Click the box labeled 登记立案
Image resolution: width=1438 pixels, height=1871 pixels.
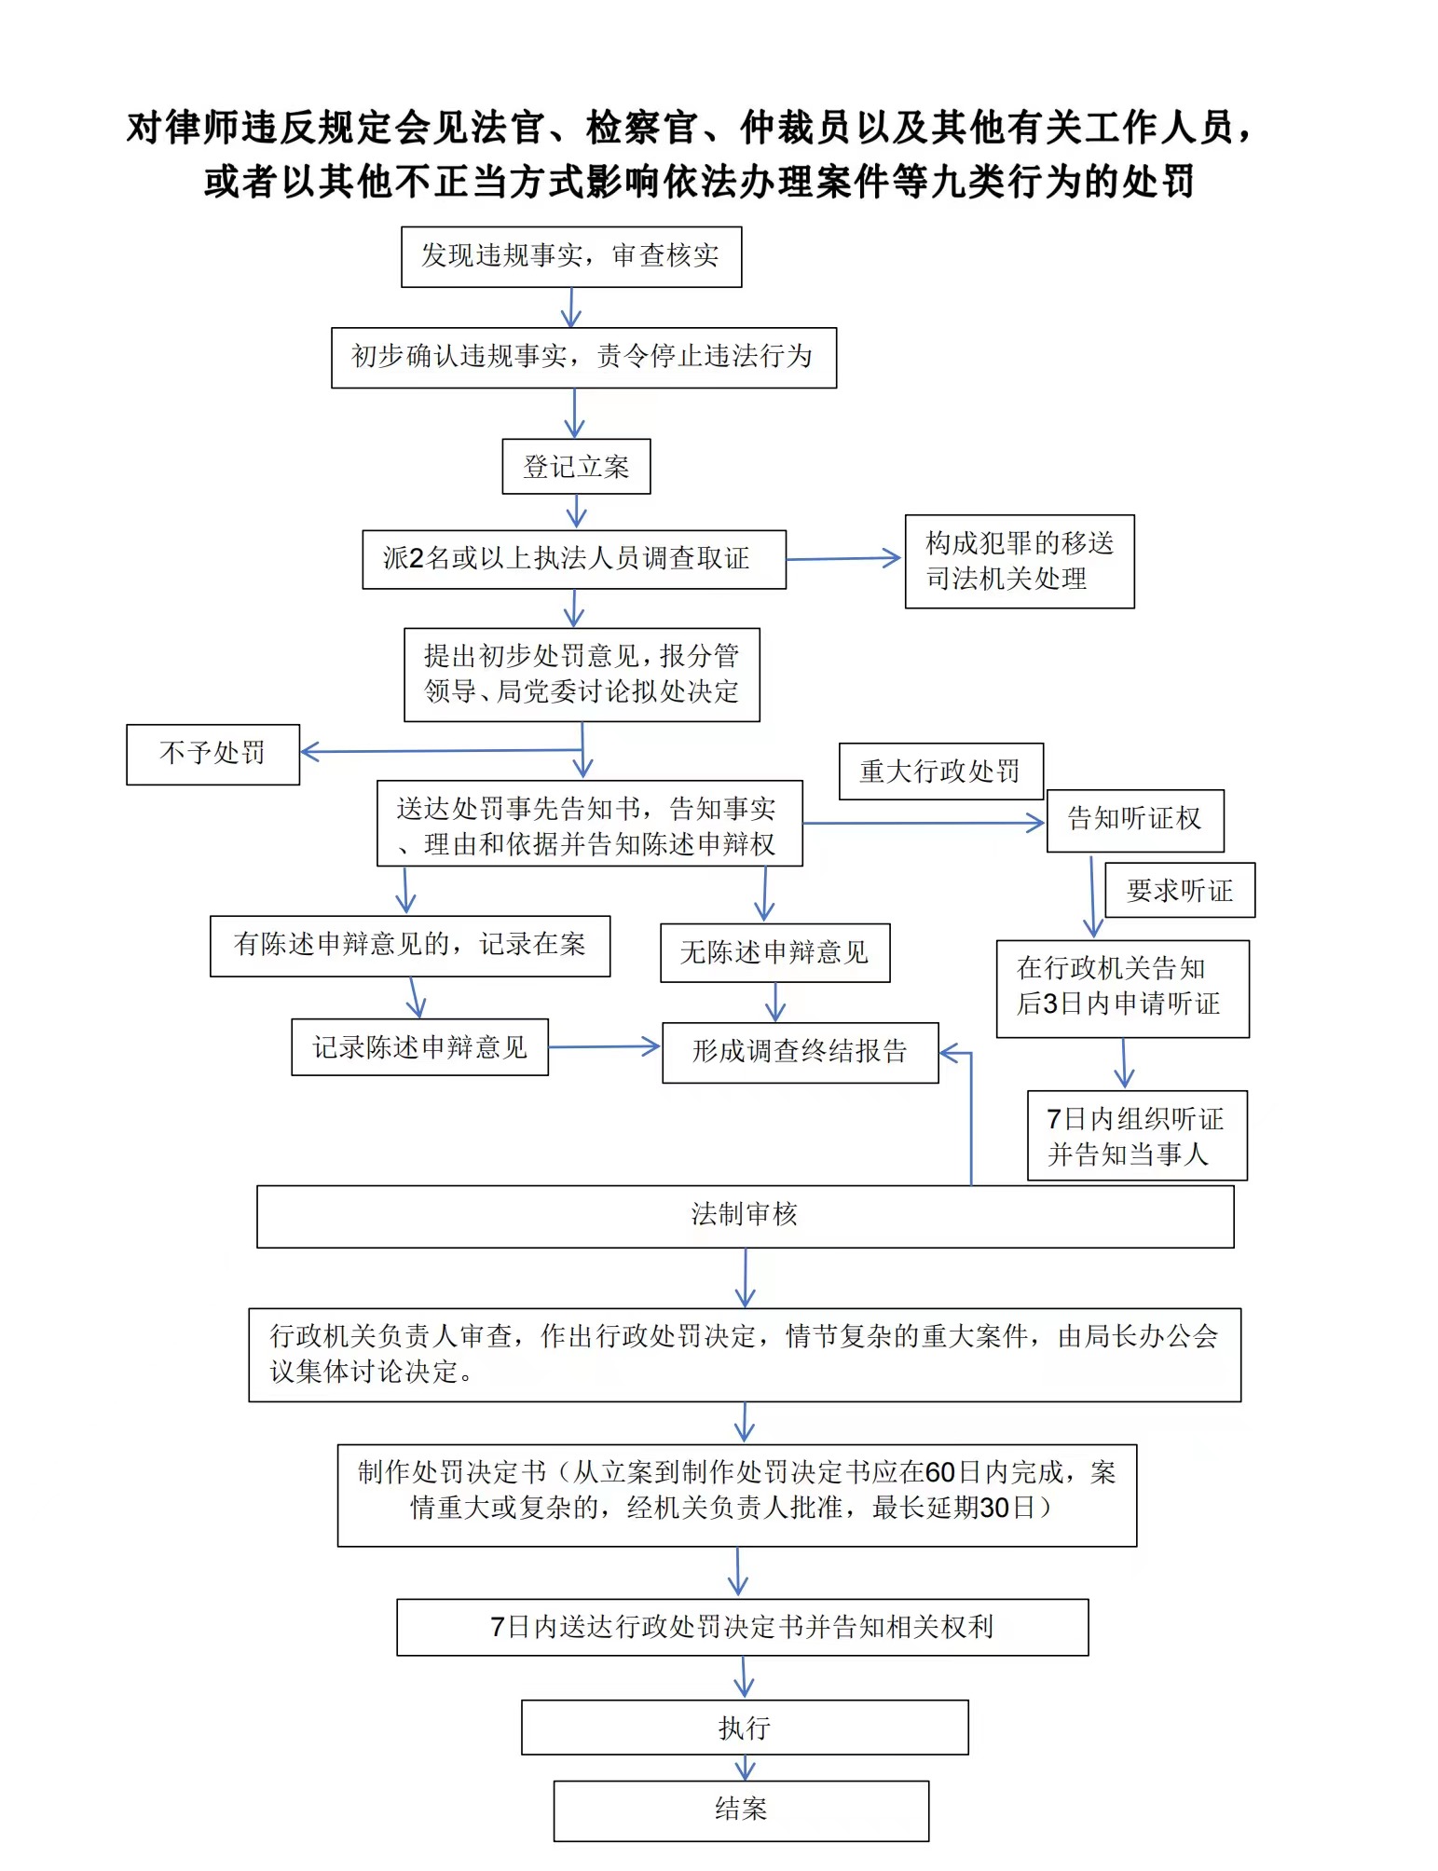click(576, 466)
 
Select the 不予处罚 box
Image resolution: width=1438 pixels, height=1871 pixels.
click(212, 754)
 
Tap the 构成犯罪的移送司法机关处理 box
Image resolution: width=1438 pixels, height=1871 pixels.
click(1020, 561)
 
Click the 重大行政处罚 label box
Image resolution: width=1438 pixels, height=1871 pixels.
click(940, 771)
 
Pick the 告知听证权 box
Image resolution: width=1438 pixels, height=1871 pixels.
click(1135, 820)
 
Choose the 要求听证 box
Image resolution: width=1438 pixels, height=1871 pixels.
click(1180, 890)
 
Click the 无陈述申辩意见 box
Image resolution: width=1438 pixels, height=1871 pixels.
click(774, 952)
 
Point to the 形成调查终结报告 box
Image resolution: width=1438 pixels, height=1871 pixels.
click(800, 1052)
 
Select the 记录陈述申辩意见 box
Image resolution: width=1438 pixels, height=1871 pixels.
click(419, 1046)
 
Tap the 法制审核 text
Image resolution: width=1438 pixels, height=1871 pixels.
click(745, 1214)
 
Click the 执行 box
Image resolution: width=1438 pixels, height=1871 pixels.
click(745, 1728)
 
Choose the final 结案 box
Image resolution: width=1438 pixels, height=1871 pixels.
click(741, 1810)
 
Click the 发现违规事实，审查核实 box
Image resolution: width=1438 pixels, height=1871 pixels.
click(571, 256)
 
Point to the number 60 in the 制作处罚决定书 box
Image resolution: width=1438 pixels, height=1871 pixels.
click(940, 1472)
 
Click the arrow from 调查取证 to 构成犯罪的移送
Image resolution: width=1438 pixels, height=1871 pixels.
click(843, 559)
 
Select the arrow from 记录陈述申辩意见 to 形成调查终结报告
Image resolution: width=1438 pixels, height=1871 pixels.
click(604, 1046)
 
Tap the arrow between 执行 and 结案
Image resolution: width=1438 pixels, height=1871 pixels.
click(745, 1768)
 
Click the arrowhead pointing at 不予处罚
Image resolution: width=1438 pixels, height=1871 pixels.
click(310, 751)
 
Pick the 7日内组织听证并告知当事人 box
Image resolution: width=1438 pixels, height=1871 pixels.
click(1137, 1136)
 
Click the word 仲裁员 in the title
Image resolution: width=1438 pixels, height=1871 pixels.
click(796, 128)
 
